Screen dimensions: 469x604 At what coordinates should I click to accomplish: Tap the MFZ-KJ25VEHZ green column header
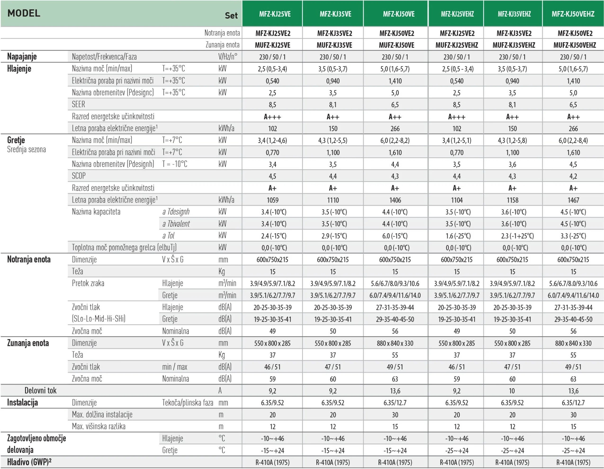tap(457, 14)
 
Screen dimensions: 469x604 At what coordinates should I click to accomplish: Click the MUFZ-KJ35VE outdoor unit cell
tap(334, 45)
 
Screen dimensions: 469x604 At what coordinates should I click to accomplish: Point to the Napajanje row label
tap(22, 56)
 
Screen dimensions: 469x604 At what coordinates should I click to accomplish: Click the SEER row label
tap(79, 104)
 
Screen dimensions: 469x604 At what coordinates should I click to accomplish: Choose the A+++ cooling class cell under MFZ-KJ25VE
tap(272, 117)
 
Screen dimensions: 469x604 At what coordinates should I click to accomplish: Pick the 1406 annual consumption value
tap(395, 200)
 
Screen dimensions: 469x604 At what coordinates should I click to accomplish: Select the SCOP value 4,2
tap(573, 176)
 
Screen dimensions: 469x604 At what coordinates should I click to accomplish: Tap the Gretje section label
tap(16, 140)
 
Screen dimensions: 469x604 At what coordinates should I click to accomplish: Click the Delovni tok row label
tap(40, 390)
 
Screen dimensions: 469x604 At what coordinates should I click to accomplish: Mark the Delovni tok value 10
tap(512, 391)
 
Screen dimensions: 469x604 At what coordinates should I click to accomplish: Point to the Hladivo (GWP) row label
tap(29, 462)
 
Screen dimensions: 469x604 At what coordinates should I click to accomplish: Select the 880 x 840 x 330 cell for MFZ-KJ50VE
tap(395, 343)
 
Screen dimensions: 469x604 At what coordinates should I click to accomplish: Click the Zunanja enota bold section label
tap(28, 343)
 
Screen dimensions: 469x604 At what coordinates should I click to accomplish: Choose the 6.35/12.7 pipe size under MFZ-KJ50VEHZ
tap(573, 403)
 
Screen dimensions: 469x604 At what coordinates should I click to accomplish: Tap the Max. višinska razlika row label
tap(99, 426)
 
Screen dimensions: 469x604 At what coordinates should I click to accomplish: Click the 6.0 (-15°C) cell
tap(395, 236)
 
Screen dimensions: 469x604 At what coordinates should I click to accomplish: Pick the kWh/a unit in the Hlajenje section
tap(226, 128)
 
